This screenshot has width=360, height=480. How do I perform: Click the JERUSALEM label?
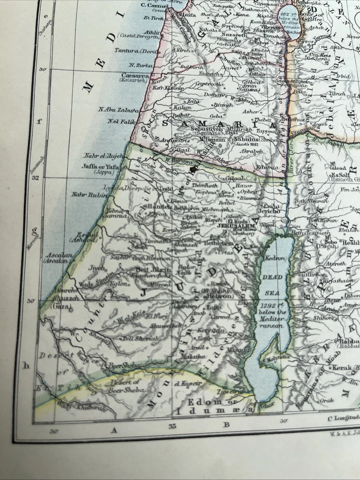point(236,226)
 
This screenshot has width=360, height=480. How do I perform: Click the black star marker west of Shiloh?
point(192,169)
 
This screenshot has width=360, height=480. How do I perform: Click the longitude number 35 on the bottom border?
point(172,426)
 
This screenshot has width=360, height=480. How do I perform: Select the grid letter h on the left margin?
point(27,365)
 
